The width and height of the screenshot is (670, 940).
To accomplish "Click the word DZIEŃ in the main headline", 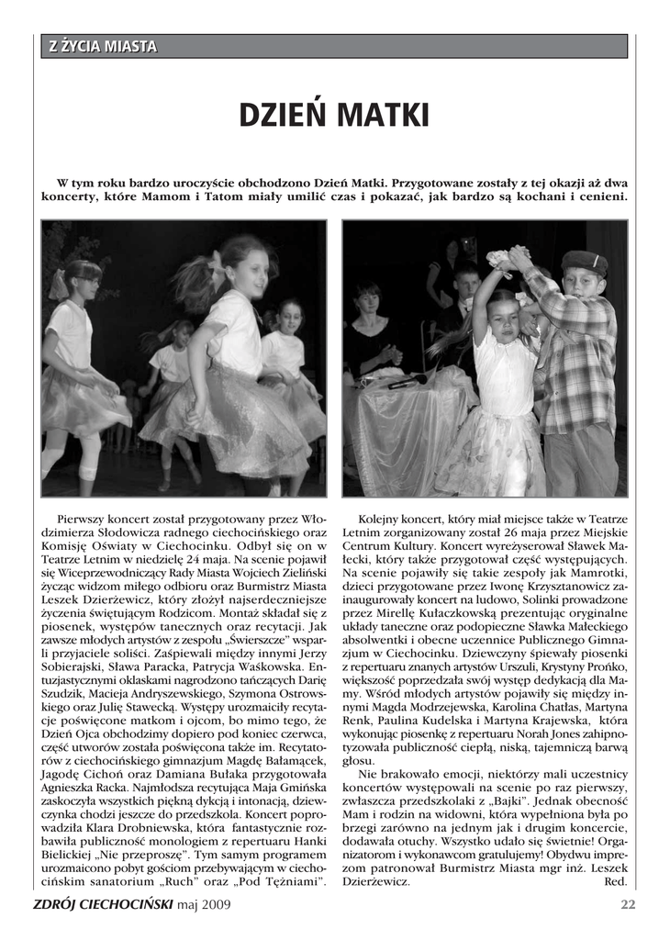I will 282,116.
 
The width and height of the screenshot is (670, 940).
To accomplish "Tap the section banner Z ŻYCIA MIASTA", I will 103,47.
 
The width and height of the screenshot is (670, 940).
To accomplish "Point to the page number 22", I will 628,904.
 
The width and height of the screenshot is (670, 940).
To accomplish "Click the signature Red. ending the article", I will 615,881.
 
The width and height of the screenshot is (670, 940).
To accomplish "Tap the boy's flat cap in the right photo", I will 584,263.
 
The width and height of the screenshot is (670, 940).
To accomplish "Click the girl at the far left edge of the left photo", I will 78,367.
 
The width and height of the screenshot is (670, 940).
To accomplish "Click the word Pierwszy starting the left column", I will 84,519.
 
